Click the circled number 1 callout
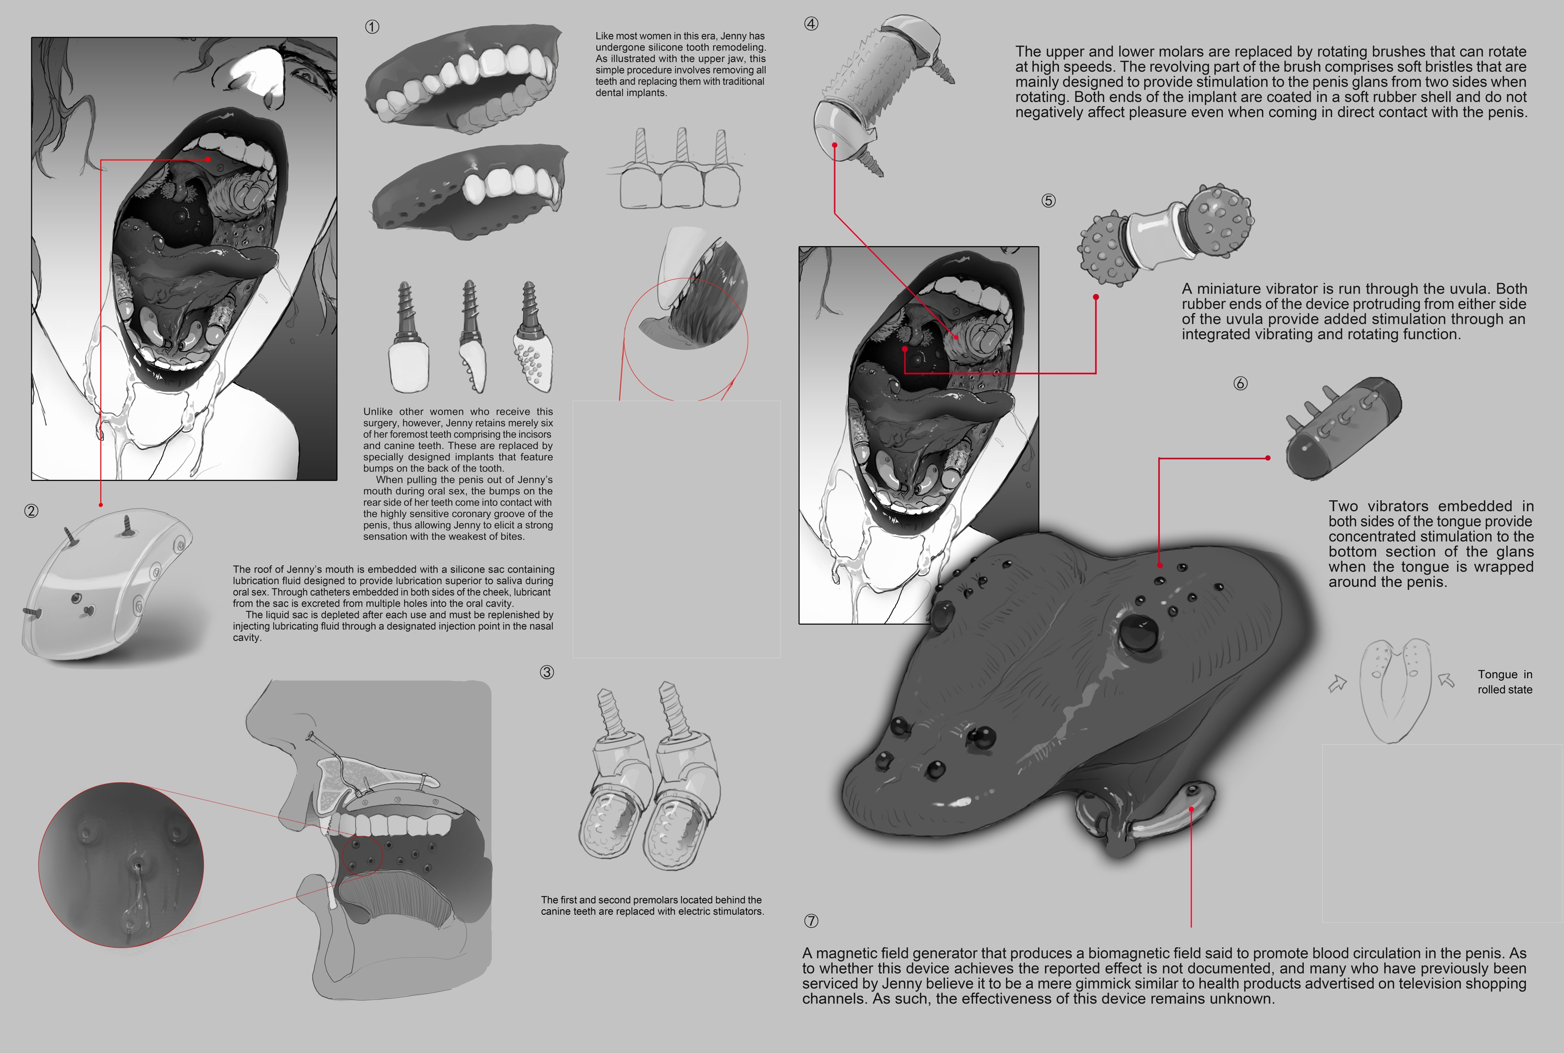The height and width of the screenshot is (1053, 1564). (x=372, y=27)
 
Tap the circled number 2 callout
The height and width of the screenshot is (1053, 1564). (x=31, y=511)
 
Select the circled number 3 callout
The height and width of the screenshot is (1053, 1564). (x=547, y=672)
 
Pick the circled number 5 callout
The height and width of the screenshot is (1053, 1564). (x=1048, y=201)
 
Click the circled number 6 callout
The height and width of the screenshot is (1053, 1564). (x=1240, y=383)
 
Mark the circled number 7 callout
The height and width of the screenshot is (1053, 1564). (x=811, y=921)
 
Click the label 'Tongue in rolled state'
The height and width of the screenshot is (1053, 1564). (x=1505, y=682)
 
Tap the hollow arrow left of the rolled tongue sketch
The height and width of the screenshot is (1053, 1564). (x=1338, y=684)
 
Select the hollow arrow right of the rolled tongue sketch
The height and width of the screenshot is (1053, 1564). (x=1446, y=680)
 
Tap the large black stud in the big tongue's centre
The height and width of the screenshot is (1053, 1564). (x=1140, y=631)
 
